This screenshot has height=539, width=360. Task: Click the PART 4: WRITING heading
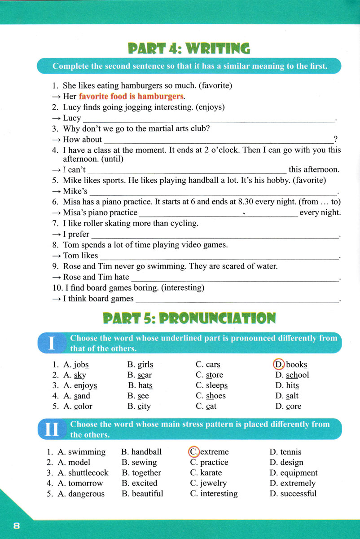(189, 48)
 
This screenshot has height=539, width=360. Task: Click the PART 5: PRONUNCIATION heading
(189, 318)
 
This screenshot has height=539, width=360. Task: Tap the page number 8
(17, 526)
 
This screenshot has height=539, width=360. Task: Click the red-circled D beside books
(279, 364)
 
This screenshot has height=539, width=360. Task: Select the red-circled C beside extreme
(193, 451)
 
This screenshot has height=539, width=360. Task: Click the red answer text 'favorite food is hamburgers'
(131, 96)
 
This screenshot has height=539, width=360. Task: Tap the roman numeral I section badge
(52, 344)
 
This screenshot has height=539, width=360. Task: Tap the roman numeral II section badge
(52, 430)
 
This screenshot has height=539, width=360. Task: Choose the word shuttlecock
(88, 473)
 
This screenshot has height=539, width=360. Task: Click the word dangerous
(86, 494)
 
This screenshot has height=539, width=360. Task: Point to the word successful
(298, 494)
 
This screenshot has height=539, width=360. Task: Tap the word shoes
(216, 396)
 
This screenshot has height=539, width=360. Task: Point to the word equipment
(299, 473)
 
